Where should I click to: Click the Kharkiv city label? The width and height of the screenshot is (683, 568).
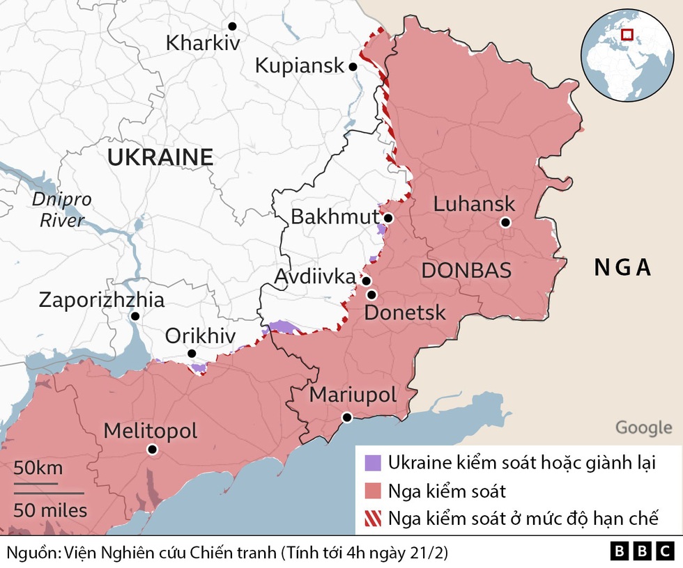point(203,43)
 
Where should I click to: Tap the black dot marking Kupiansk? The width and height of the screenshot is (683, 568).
point(353,67)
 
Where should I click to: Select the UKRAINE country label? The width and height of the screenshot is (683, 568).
point(160,157)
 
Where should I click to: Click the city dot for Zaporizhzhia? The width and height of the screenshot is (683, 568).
point(135,316)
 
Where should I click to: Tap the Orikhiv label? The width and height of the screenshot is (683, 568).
point(200,336)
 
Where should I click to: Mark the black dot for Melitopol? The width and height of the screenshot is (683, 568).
point(153,450)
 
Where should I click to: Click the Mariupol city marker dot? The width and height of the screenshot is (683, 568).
point(346,418)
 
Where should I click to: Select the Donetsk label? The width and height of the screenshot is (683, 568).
point(405,313)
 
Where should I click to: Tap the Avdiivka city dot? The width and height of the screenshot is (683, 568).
point(366,281)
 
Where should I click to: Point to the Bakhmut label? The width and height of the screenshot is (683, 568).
point(334,216)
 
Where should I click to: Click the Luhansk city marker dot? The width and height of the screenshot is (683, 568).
point(505,223)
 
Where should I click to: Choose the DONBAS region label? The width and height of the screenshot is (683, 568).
point(466,271)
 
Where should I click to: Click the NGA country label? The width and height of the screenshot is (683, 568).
point(622,267)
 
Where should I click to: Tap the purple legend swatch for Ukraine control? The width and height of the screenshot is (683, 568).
point(373,462)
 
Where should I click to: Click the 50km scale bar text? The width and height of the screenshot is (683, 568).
point(38,468)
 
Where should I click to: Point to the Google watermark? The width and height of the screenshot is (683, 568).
point(643,427)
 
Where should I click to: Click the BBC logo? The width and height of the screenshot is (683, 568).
point(643,551)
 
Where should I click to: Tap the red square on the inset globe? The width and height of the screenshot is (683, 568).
point(627,34)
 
